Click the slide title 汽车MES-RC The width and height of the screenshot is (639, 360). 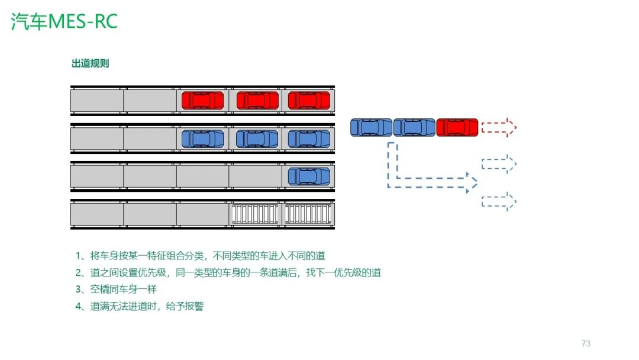[x=64, y=21]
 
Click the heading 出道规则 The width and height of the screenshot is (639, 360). [x=90, y=64]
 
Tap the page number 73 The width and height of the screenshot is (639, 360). [x=586, y=343]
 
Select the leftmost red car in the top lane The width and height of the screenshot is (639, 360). [x=202, y=101]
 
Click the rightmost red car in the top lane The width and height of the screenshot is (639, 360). [x=309, y=101]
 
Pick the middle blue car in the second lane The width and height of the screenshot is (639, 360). [x=257, y=139]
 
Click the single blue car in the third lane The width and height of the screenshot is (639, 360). [x=309, y=176]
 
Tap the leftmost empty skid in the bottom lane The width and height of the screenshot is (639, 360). [x=255, y=214]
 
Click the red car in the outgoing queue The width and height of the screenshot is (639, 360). [x=457, y=127]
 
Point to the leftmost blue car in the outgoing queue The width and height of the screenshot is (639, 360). [x=371, y=127]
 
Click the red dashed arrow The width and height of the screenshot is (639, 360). [x=499, y=127]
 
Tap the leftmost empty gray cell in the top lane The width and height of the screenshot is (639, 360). [x=97, y=101]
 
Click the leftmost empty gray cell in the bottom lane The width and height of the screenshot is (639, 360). [x=97, y=214]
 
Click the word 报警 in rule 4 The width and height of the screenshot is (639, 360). [x=194, y=307]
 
